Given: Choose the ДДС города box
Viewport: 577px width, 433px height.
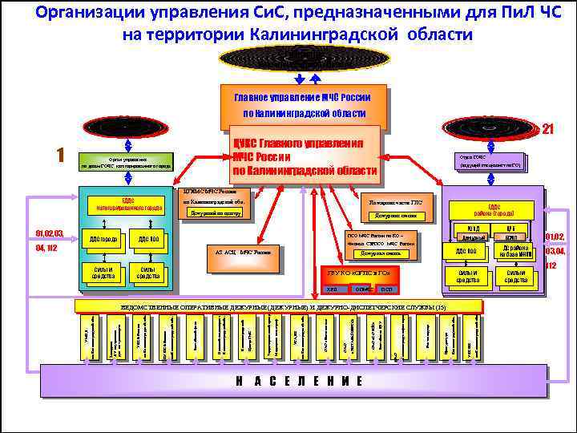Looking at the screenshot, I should (x=103, y=239).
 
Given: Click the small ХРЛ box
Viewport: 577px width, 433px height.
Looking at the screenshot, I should (x=332, y=288).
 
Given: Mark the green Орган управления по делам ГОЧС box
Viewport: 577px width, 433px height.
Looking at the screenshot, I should (x=127, y=160).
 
